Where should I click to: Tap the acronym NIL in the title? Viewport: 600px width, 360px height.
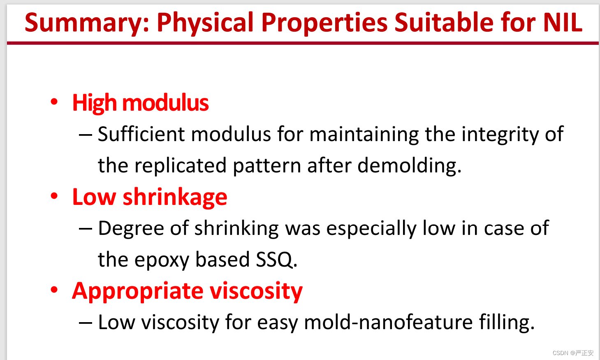563,23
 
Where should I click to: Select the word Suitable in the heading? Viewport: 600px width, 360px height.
444,23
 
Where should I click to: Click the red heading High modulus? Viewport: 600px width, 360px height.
140,103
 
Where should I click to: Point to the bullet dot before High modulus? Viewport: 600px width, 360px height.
54,102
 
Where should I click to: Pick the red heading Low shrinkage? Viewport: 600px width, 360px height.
150,197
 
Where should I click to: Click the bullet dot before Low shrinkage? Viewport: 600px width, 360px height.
54,196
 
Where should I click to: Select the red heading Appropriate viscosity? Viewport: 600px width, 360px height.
187,291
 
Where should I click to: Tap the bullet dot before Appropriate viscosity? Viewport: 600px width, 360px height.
54,290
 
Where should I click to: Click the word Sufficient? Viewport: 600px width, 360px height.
141,134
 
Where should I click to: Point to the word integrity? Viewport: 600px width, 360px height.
500,135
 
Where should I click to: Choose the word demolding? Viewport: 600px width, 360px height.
409,165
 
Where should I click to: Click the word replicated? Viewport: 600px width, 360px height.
181,166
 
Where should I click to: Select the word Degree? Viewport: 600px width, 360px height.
131,229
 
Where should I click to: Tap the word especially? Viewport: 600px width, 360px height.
371,229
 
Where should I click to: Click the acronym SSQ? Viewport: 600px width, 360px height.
276,260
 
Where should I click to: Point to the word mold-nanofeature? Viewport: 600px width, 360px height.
388,322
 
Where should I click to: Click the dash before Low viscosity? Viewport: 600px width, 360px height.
86,323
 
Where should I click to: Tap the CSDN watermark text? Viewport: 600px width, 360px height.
573,353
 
